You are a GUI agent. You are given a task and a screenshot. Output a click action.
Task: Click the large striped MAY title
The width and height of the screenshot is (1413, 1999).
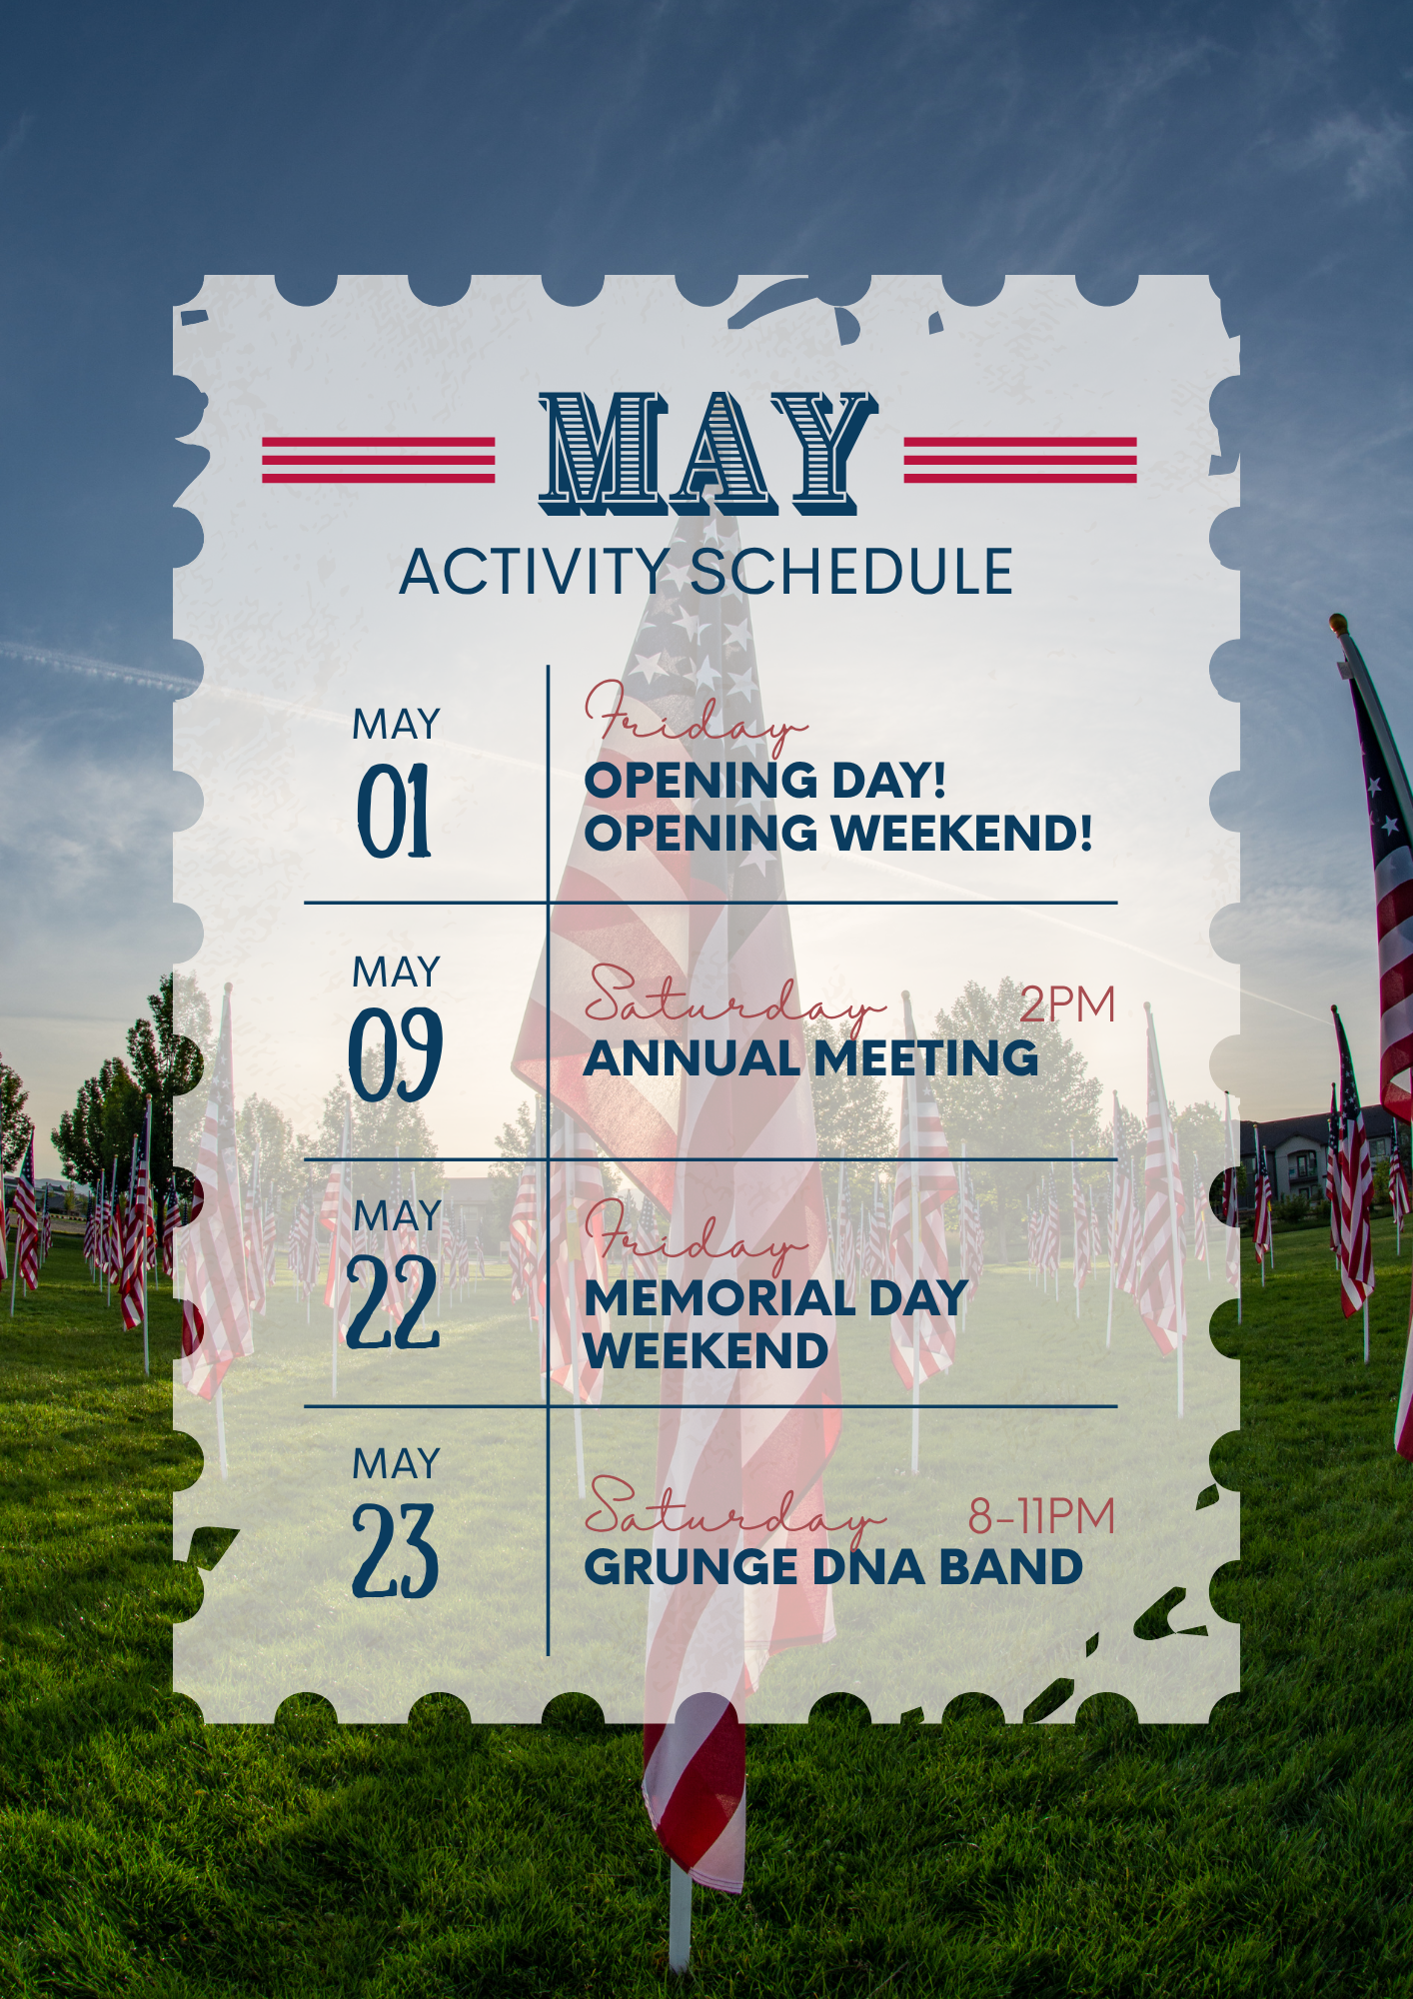(x=708, y=454)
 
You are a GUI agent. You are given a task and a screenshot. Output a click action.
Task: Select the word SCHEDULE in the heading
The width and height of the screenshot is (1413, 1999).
(x=851, y=573)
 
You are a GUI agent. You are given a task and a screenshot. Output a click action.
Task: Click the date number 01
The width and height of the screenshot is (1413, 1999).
(x=395, y=811)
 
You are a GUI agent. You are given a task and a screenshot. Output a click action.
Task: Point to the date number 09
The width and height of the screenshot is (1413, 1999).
(x=396, y=1054)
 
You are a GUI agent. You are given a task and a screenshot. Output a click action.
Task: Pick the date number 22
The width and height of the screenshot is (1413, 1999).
(x=393, y=1302)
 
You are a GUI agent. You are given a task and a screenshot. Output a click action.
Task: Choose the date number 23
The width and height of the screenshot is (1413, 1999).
(x=396, y=1550)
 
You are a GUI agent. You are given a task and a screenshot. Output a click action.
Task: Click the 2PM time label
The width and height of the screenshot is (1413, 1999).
(x=1067, y=1004)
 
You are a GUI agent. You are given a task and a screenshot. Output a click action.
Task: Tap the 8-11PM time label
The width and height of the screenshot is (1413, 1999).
(x=1041, y=1516)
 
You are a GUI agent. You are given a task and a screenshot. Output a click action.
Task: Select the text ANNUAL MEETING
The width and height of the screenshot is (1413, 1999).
(x=811, y=1058)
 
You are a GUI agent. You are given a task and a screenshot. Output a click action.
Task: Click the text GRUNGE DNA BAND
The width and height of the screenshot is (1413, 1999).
(x=833, y=1567)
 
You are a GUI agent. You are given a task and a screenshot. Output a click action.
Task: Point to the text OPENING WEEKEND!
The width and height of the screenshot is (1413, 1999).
(x=838, y=834)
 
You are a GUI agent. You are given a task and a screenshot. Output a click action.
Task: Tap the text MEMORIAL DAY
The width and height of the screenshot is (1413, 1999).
(x=775, y=1298)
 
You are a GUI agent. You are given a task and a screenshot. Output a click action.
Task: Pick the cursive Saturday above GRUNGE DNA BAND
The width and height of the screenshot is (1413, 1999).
(x=734, y=1512)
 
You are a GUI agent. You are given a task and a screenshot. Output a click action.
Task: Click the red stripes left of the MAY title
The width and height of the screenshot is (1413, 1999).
(x=379, y=460)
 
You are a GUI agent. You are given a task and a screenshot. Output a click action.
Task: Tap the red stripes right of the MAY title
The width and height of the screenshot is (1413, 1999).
(x=1020, y=460)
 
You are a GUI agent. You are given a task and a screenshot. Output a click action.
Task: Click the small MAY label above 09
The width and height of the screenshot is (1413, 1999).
(x=396, y=973)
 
